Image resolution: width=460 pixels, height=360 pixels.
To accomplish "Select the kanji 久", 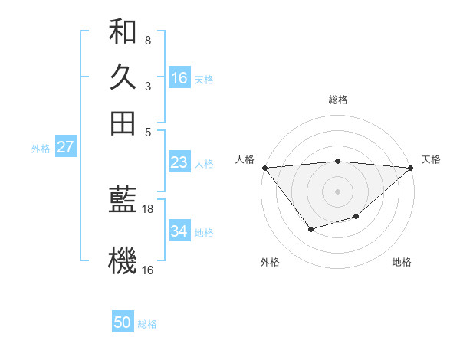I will coord(123,77).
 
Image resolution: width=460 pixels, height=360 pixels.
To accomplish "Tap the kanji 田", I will coord(123,123).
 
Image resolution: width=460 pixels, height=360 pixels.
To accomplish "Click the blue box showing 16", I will coord(179,78).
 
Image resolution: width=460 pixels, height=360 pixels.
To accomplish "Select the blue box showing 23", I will coord(179,163).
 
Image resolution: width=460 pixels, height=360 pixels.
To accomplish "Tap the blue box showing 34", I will coord(179,231).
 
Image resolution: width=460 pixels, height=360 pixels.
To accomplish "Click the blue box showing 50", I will coord(123,323).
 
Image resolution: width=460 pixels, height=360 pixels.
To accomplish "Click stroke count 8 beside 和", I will coord(148,40).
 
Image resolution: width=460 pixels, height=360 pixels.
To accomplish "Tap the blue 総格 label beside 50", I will coord(147,324).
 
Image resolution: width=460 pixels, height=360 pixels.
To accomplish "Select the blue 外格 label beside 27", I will coord(40,149).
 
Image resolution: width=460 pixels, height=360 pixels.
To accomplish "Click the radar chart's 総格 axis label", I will coord(337,100).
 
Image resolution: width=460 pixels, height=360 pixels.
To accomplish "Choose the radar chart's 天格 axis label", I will coord(431,159).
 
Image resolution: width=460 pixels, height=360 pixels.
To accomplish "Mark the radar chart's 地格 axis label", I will coord(402,262).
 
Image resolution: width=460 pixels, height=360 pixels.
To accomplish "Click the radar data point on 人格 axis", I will coord(264,167).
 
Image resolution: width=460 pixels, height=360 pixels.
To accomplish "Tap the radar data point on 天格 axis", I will coord(411,167).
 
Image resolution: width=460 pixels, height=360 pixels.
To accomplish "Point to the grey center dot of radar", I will coord(337,191).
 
